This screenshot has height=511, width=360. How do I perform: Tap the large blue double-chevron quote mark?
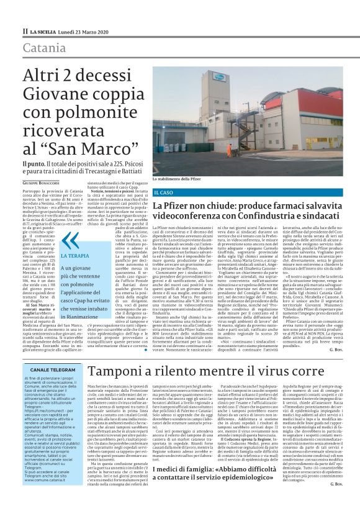[70, 239]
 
